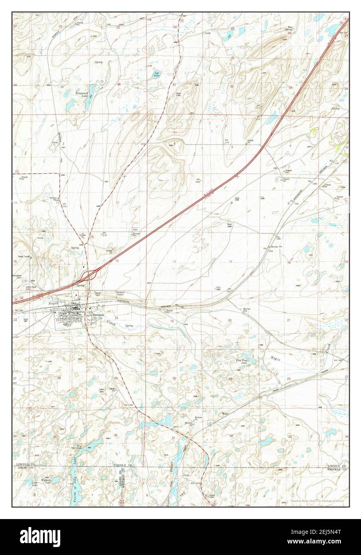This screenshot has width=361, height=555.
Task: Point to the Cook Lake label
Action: click(x=35, y=483)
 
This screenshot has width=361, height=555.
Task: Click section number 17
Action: click(x=230, y=262)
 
